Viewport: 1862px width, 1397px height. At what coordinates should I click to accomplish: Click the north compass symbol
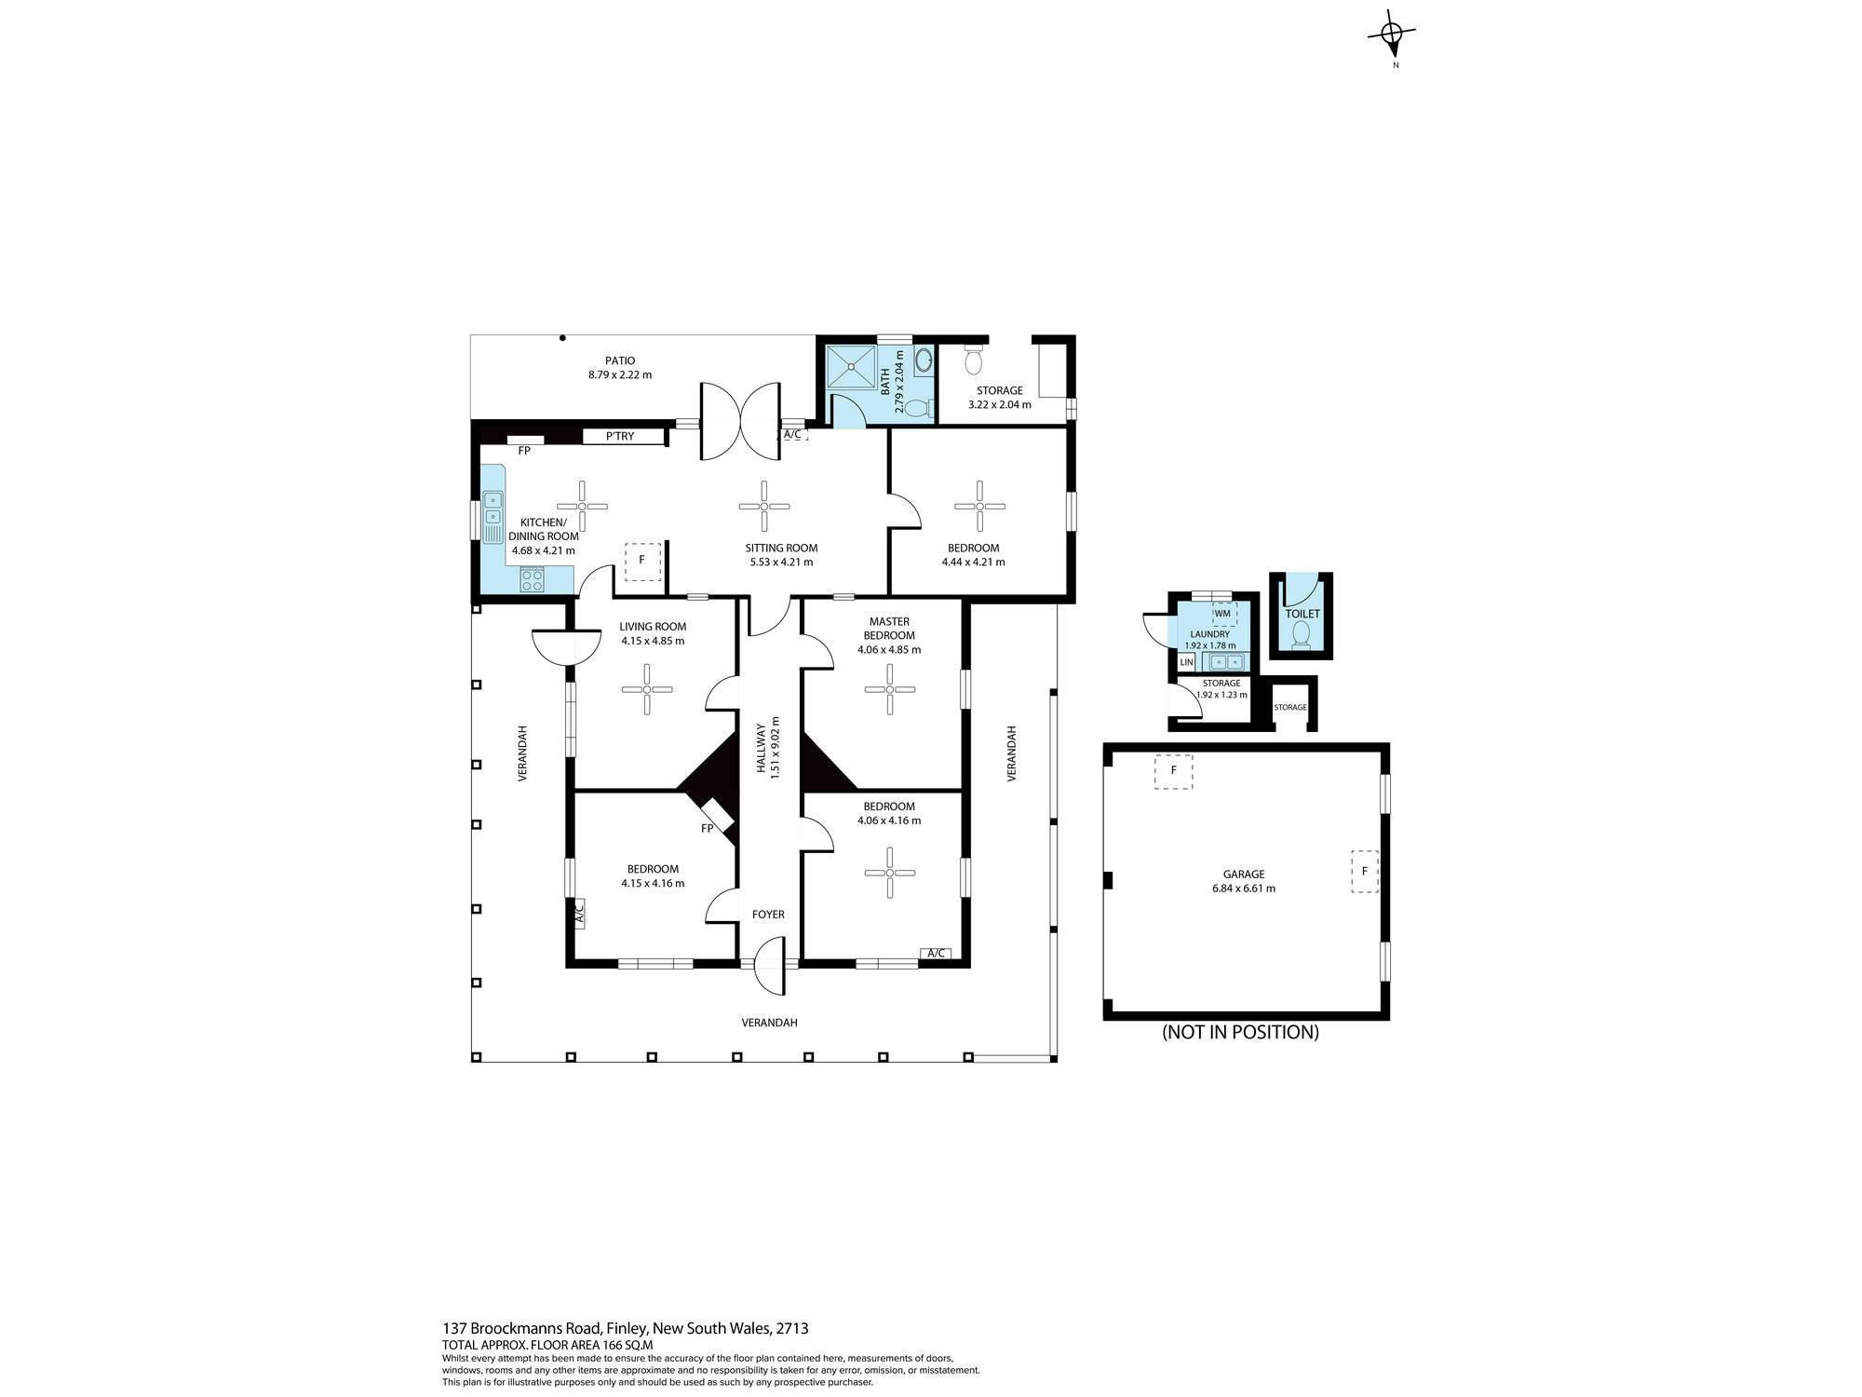tap(1391, 35)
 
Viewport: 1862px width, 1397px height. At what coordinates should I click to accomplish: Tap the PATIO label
tap(620, 360)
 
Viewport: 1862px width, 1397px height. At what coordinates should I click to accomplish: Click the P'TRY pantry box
tap(624, 436)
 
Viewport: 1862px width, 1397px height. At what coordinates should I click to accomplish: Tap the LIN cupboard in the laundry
tap(1186, 662)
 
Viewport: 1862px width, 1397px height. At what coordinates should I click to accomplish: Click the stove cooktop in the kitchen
tap(533, 580)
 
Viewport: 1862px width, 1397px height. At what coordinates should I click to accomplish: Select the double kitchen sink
tap(492, 519)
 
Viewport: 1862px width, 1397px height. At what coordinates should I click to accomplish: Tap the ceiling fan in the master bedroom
tap(890, 689)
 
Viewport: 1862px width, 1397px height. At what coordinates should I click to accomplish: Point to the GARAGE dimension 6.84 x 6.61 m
tap(1244, 888)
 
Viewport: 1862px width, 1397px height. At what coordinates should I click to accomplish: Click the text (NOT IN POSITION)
tap(1240, 1032)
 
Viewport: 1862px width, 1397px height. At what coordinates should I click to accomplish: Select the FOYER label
tap(768, 915)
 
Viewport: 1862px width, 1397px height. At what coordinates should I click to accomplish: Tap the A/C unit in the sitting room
tap(793, 434)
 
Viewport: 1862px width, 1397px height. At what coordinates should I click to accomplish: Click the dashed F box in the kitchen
tap(641, 561)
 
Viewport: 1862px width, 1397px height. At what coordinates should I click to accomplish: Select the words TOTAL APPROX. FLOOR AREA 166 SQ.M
tap(547, 1345)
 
